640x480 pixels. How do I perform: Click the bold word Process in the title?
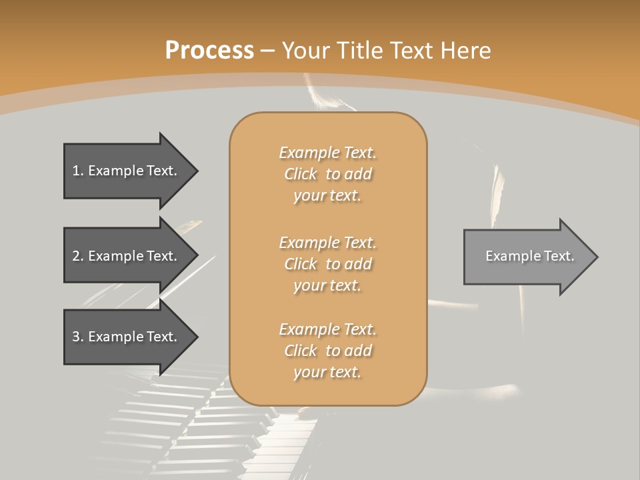click(x=209, y=51)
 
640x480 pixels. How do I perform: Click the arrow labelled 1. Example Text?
click(x=127, y=171)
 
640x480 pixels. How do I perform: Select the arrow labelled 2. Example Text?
click(x=127, y=256)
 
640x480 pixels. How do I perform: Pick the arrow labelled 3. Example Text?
click(x=127, y=337)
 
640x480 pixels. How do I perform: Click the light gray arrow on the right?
click(x=527, y=257)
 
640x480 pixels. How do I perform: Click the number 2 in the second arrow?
click(x=76, y=256)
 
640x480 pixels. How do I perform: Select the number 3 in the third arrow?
click(x=76, y=337)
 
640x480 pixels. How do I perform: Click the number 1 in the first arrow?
click(x=76, y=171)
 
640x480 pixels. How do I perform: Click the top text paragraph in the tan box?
click(x=327, y=174)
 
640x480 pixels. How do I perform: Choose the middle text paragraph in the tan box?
click(x=327, y=263)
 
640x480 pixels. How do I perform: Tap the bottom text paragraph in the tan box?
click(x=327, y=351)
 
